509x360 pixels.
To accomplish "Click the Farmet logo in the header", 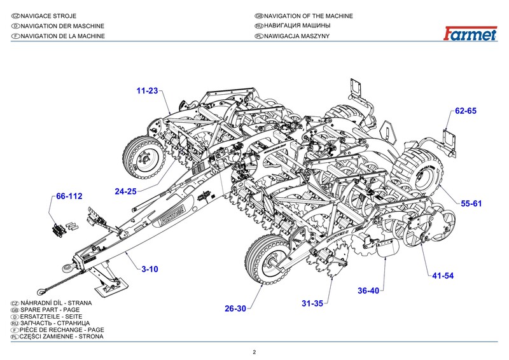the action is click(470, 34).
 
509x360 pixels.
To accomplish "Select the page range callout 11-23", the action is click(147, 90).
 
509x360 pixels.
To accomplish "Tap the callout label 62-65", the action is click(466, 111).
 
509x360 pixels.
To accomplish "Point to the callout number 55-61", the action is click(471, 204).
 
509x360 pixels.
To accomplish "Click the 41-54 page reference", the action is click(443, 275).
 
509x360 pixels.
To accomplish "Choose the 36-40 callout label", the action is click(368, 291).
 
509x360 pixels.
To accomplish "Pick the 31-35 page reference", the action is click(312, 303).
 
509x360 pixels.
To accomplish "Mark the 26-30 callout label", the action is click(235, 308).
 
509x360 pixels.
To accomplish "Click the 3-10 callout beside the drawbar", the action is click(150, 269).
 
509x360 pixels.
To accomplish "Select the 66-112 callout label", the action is click(69, 196).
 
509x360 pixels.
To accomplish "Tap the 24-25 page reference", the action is click(125, 191).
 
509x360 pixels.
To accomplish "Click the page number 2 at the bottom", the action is click(254, 352).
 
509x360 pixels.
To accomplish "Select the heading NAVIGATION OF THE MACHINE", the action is click(309, 16).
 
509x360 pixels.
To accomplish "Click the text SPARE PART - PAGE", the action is click(50, 310).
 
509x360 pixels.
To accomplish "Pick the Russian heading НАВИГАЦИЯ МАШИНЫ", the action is click(297, 25).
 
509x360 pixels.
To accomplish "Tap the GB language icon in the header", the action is click(259, 16).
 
